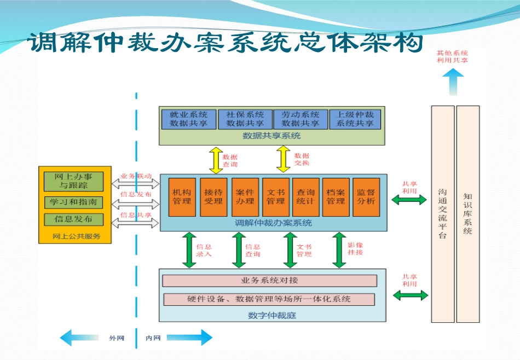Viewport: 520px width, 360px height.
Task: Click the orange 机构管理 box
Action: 182,197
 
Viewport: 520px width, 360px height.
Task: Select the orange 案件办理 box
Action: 245,197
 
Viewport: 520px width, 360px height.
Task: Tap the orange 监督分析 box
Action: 366,197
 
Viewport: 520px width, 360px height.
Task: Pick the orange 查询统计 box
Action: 305,197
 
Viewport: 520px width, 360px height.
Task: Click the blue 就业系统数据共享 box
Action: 188,119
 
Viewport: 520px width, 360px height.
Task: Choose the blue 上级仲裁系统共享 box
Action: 355,119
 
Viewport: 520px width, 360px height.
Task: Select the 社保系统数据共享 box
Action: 245,119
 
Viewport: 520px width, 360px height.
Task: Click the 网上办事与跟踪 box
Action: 73,181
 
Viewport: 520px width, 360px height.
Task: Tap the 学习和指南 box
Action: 73,202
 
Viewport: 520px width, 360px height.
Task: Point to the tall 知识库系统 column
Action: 467,213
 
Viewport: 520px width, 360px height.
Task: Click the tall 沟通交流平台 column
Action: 442,213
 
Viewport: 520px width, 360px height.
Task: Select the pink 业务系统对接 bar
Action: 270,281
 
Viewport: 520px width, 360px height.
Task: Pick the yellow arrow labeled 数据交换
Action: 284,159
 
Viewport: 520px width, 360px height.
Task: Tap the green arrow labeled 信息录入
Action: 189,250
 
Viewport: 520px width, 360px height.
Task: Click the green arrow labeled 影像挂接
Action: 339,250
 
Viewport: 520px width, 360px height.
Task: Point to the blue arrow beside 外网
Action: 82,338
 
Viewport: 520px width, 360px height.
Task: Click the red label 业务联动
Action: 136,176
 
